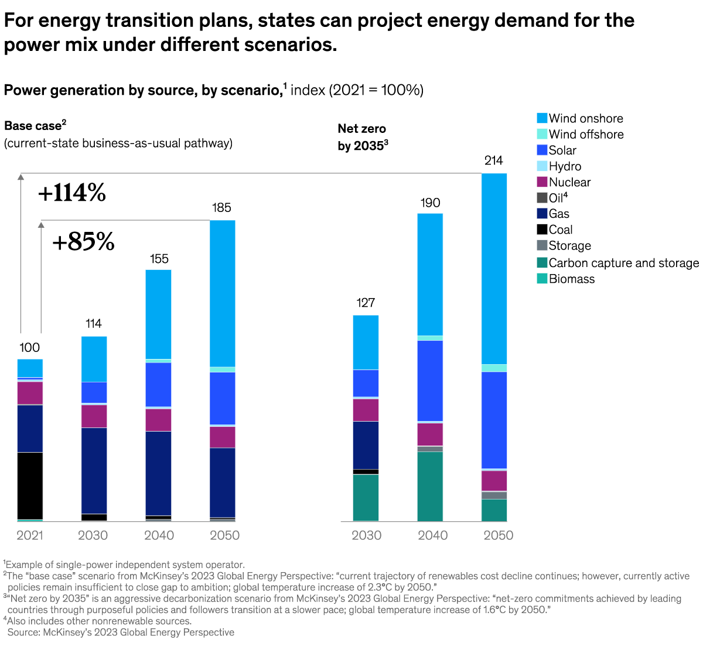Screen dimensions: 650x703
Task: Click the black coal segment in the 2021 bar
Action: coord(30,485)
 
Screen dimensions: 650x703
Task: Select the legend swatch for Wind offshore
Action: coord(542,134)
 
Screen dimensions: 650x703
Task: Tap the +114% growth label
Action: coord(71,193)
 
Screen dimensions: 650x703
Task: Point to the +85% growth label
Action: coord(83,241)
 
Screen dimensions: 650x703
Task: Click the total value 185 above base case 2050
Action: coord(222,207)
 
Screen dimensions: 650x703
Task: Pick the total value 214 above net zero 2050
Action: coord(494,160)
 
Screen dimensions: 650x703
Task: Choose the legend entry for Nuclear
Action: coord(569,182)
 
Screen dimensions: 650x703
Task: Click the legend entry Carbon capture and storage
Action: coord(623,263)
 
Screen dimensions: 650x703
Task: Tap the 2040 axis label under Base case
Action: coord(159,535)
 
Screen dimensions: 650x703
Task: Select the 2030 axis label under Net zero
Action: coord(366,535)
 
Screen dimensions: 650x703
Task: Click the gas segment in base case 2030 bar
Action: coord(94,470)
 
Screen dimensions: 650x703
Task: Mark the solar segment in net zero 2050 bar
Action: coord(494,420)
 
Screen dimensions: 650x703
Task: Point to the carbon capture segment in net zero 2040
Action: coord(430,486)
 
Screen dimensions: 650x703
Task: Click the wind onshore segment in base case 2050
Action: coord(222,293)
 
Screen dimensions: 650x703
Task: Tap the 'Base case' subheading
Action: coord(33,126)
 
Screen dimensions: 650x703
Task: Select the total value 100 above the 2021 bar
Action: coord(30,348)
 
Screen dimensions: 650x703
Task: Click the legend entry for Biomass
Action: coord(571,279)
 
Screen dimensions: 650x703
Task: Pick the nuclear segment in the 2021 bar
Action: coord(30,393)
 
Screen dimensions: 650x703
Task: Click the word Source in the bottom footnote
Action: coord(23,632)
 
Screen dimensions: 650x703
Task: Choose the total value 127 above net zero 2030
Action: coord(366,303)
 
